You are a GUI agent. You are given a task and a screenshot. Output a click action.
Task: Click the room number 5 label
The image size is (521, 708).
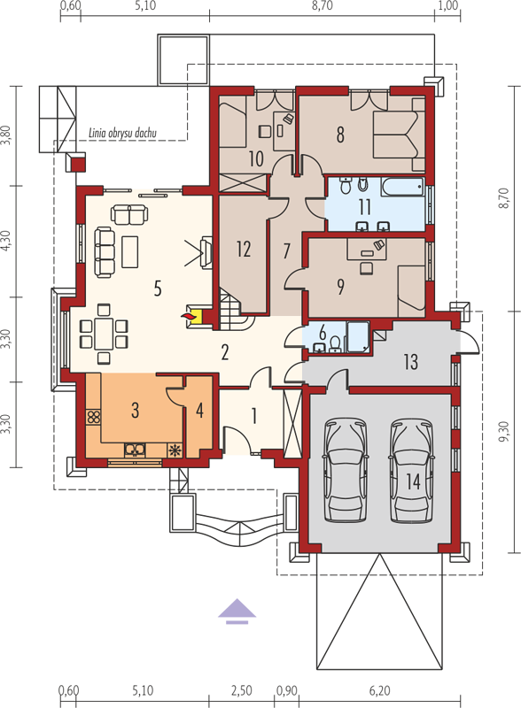tap(158, 289)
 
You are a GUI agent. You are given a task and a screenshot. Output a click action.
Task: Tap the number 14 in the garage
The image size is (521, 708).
tap(414, 481)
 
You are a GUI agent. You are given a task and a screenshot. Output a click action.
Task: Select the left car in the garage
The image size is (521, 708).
tap(346, 470)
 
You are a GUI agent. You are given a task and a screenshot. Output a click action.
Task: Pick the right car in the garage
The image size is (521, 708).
tap(411, 470)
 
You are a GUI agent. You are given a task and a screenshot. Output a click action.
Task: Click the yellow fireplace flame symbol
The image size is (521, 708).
tap(188, 317)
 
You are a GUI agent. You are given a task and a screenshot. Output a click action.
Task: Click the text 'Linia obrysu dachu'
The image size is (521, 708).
tap(122, 133)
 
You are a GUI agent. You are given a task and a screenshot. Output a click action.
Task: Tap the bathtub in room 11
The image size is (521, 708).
tap(402, 187)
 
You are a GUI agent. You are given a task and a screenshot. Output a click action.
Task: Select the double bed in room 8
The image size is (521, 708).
tap(399, 135)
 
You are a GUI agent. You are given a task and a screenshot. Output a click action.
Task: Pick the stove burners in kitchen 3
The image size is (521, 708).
tap(94, 416)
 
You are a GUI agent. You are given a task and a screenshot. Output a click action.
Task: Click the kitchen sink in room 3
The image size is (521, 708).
tap(136, 450)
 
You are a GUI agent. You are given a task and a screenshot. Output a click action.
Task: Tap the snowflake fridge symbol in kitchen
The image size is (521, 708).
tap(175, 450)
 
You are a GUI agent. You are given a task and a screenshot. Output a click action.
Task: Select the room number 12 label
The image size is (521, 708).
tap(244, 249)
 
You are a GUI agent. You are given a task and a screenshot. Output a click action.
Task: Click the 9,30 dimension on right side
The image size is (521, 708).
tap(504, 432)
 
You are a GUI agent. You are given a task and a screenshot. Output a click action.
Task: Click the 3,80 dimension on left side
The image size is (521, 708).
tap(6, 135)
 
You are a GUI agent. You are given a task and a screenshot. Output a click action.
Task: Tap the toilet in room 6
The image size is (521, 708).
tap(335, 344)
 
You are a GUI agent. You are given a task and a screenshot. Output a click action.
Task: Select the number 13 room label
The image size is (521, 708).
tap(410, 362)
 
